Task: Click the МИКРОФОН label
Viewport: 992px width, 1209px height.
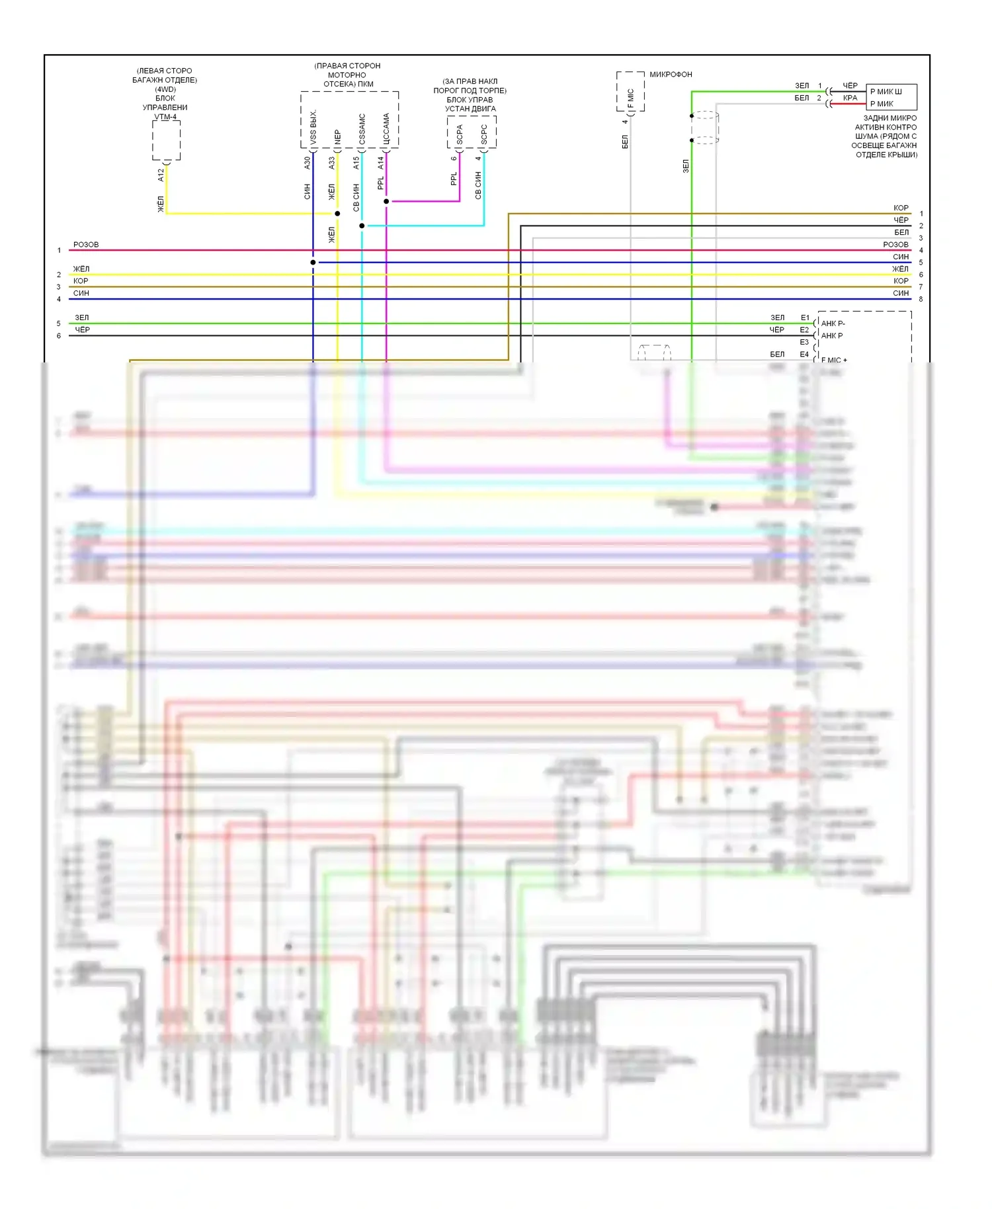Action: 671,75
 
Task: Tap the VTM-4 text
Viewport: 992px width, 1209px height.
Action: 165,117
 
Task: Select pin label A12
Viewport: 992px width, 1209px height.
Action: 161,175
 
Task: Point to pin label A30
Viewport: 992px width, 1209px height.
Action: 308,163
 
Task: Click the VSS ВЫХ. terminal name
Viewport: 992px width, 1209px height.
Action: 313,127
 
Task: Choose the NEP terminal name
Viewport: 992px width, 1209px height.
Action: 338,137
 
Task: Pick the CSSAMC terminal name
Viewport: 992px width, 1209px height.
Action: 362,129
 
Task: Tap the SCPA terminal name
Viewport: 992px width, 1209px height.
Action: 460,135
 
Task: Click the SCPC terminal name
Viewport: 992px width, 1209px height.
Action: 484,135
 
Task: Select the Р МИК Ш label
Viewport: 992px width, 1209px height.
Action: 886,91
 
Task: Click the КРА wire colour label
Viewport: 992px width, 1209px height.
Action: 850,98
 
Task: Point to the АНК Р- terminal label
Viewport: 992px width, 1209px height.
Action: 833,323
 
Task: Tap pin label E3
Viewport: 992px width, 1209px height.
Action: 804,342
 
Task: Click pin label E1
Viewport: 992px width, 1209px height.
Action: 805,317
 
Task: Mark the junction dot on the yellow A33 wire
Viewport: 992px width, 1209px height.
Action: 337,214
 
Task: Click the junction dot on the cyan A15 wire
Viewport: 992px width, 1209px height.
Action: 362,226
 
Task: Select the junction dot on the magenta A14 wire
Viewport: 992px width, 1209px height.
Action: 386,201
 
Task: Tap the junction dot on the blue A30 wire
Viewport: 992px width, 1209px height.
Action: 313,263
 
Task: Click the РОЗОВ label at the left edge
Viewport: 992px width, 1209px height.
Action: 86,245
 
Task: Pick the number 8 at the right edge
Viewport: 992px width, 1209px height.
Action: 921,299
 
